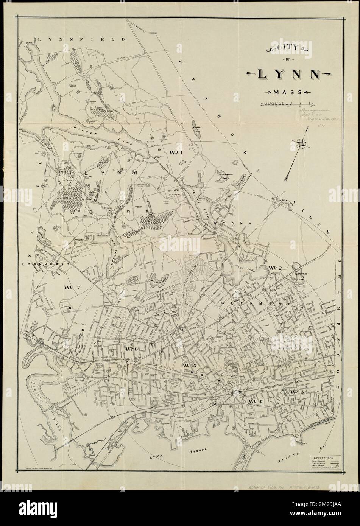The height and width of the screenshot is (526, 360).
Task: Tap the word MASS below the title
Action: tap(287, 92)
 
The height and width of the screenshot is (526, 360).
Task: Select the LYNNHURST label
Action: tap(45, 264)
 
